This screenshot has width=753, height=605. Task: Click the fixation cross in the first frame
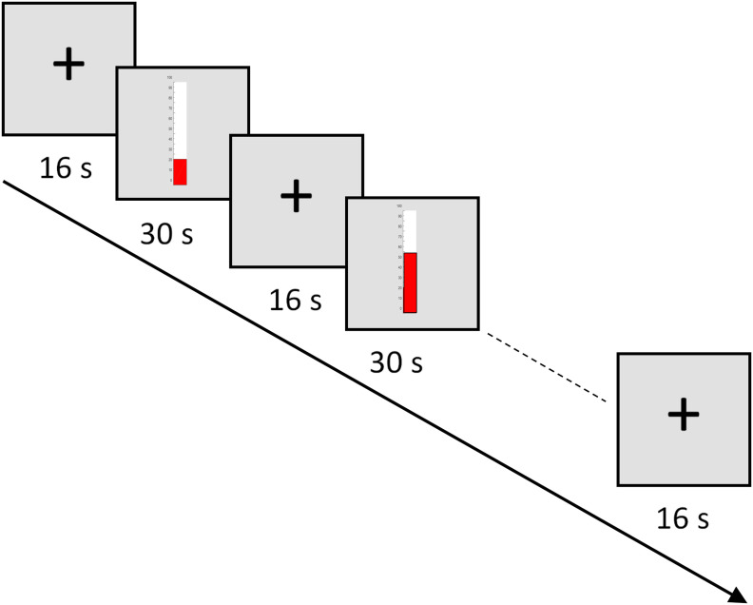[68, 64]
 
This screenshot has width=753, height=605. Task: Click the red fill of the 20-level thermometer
[180, 171]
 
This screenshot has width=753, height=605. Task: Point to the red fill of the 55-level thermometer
[410, 282]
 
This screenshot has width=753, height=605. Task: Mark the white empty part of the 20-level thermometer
[180, 120]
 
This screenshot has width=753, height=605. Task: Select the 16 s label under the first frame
[69, 168]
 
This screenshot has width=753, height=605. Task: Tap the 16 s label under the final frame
[684, 519]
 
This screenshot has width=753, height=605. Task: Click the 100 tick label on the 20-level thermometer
[169, 77]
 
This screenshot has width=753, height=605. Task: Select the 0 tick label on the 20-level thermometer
[170, 180]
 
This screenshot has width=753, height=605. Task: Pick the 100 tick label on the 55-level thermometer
[399, 205]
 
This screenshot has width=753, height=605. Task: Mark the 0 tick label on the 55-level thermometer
[400, 308]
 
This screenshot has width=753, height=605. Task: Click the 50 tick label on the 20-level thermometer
[169, 128]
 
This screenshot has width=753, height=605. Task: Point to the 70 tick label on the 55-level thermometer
[399, 236]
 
